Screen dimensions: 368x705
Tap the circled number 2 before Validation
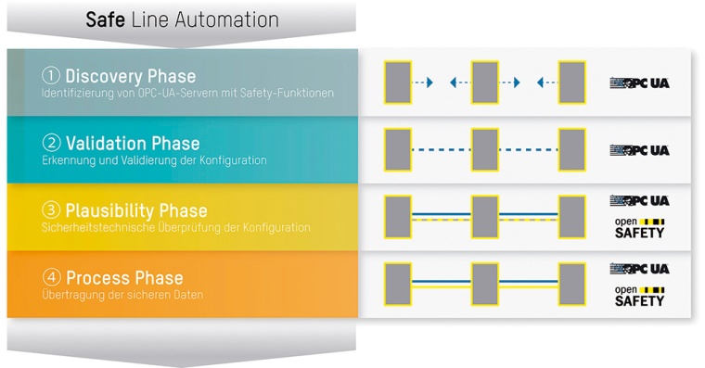pos(51,144)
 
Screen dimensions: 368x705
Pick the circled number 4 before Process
pos(51,278)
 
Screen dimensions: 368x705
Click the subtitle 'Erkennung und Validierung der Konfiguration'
pos(154,160)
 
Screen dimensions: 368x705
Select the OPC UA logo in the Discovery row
pos(638,82)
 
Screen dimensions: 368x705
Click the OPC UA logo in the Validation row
pos(638,150)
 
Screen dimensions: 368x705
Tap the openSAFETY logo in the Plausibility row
pos(639,228)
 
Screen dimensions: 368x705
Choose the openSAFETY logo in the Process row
pos(639,295)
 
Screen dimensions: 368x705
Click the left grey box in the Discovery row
pos(397,82)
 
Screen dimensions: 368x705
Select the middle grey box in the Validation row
pos(485,149)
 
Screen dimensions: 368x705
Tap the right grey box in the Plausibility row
pos(571,216)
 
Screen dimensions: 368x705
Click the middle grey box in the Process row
pos(485,284)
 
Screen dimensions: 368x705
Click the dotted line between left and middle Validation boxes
pos(441,149)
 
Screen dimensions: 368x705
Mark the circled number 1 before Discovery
pos(51,76)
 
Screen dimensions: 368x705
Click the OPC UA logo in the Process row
pos(638,269)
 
